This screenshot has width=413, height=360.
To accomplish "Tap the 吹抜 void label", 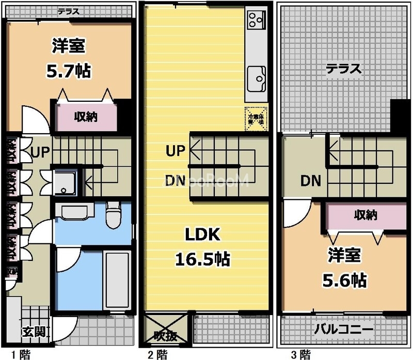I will (x=166, y=336).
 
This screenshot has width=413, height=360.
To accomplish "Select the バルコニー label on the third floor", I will (x=344, y=329).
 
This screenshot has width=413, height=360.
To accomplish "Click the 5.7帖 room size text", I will (x=68, y=71).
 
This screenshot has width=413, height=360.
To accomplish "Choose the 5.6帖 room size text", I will (x=344, y=280).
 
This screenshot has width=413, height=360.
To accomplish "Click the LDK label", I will (x=203, y=236).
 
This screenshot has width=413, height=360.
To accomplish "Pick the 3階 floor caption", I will (x=300, y=354).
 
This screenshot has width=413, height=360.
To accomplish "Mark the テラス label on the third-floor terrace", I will (x=343, y=69).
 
